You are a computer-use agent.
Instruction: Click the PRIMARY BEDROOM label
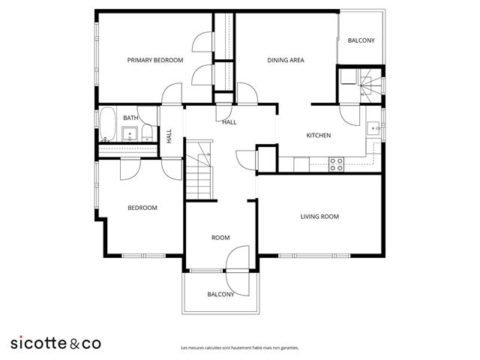(154, 60)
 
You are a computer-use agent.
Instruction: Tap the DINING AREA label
(286, 60)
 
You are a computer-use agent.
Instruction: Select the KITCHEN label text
(319, 136)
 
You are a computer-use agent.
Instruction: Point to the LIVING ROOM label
(319, 217)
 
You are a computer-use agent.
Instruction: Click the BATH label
(130, 118)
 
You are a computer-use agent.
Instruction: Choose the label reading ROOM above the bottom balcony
(220, 238)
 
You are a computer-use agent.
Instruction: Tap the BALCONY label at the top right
(361, 40)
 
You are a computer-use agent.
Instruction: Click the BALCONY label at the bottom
(220, 294)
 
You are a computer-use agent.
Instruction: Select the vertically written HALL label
(169, 136)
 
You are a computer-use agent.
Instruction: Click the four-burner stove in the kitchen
(337, 163)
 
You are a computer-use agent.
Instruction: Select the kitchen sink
(373, 127)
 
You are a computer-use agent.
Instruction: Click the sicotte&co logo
(55, 343)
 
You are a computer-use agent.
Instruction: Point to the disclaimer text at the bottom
(240, 348)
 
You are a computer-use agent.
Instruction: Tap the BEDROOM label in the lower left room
(142, 208)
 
